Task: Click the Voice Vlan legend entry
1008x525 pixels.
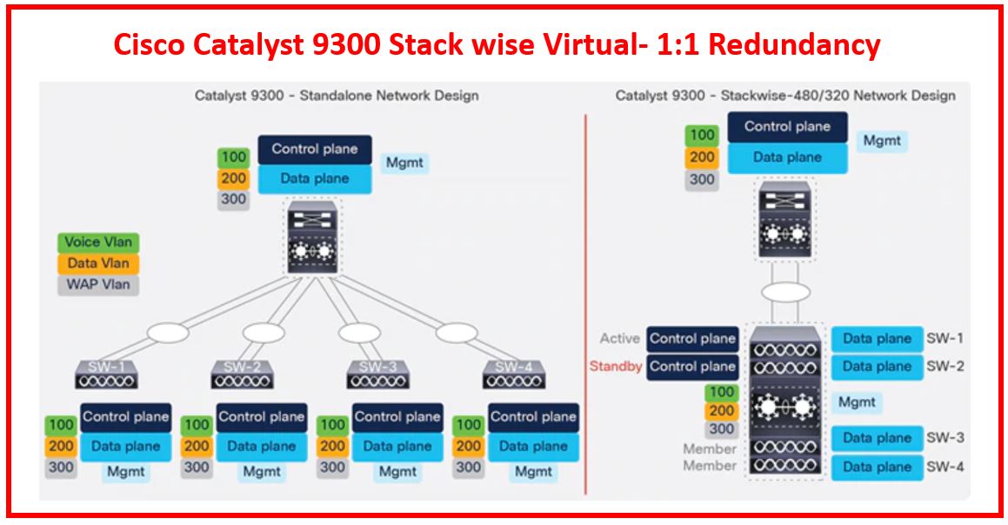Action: pos(98,243)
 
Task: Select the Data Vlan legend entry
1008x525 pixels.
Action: pos(98,263)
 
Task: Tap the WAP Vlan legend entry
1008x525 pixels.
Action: pos(98,283)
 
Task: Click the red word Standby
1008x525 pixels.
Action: pos(616,366)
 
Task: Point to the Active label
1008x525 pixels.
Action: pos(619,338)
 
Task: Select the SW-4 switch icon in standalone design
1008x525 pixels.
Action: pos(514,374)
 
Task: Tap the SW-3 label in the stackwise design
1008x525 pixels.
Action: pos(945,437)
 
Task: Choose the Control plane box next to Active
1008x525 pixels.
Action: pos(692,338)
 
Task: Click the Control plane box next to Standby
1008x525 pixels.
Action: pos(692,366)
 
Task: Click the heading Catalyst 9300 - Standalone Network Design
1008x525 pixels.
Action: pos(337,96)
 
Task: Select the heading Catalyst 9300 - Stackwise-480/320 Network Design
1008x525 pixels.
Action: pos(785,96)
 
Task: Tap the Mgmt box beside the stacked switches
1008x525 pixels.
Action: pos(857,402)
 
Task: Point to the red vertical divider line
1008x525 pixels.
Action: pos(585,304)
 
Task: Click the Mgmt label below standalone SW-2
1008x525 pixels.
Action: pos(262,472)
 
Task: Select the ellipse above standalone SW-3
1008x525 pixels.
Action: pos(360,332)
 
